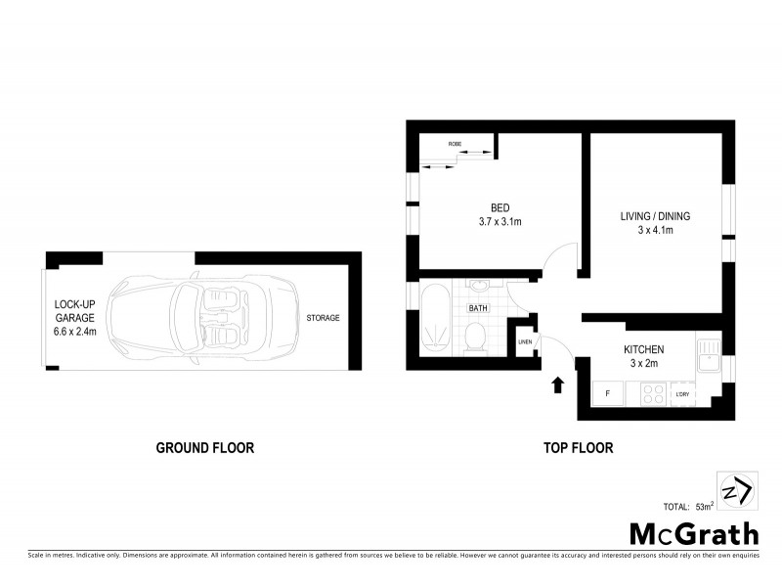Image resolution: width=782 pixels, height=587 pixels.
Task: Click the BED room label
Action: coord(500,207)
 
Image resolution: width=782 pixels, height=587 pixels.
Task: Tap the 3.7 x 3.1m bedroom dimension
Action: coord(500,222)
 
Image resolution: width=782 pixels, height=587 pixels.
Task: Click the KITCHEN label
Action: coord(644,349)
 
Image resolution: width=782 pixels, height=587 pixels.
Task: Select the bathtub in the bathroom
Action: coord(436,320)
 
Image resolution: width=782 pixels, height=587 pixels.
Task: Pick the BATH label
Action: coord(477,308)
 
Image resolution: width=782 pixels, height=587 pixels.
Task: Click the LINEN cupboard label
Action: coord(524,342)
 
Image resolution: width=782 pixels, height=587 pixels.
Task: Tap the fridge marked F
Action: coord(608,394)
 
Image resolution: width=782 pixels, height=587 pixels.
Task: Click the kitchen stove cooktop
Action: coord(653,394)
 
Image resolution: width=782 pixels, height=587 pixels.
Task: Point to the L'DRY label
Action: coord(682,395)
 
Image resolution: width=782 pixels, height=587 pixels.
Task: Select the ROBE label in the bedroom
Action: coord(455,144)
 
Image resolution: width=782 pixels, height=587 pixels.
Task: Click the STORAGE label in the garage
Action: coord(323,318)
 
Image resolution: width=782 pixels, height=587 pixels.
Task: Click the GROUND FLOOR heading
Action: coord(205,448)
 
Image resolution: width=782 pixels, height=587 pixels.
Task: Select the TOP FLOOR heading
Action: coord(578,448)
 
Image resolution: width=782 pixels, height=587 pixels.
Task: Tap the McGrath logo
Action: coord(693,533)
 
